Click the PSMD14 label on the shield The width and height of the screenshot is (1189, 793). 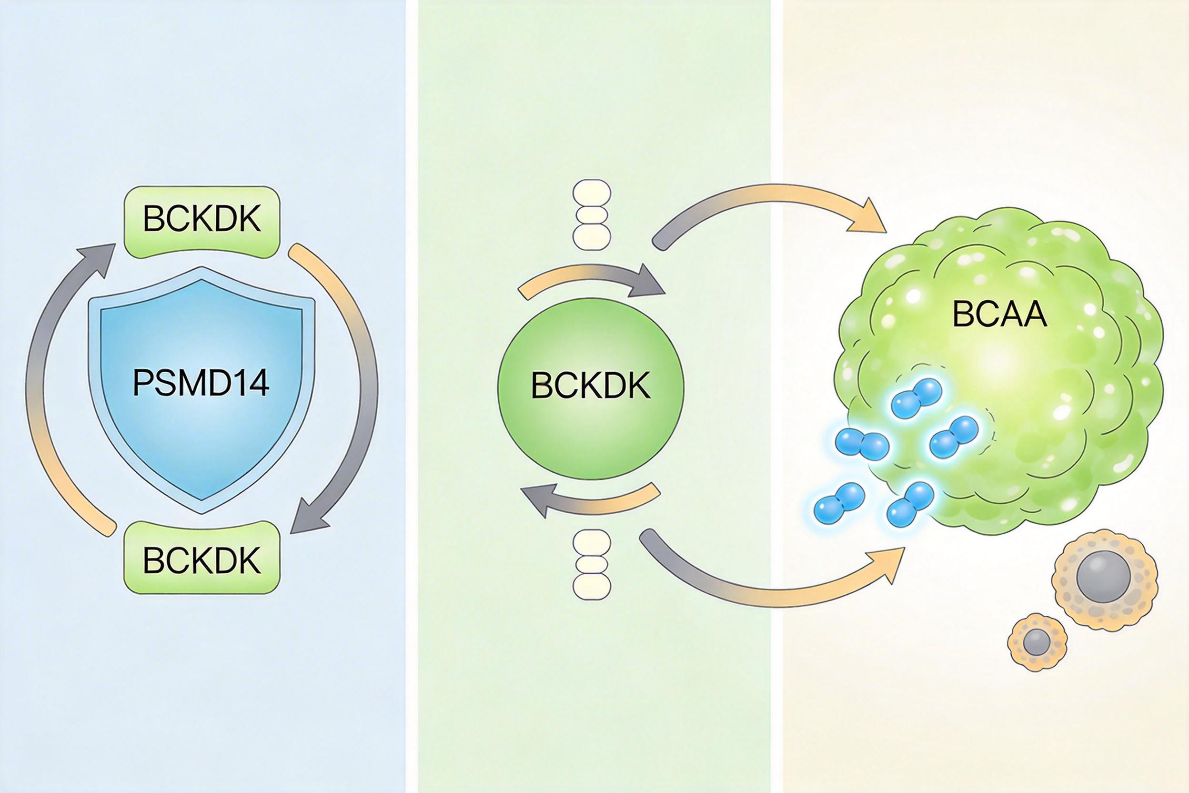click(x=201, y=383)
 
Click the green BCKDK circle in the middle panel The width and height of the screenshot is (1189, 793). click(x=591, y=387)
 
